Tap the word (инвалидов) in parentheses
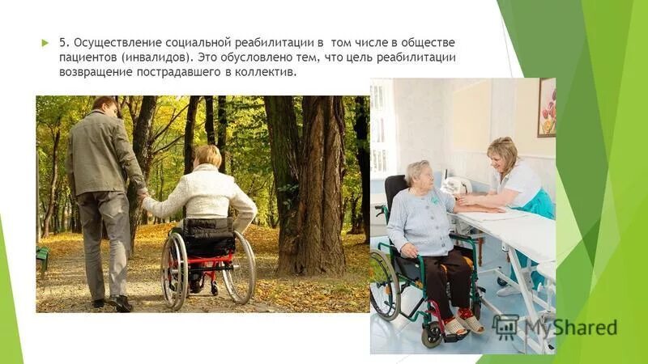tap(158, 57)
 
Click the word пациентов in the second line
tap(87, 57)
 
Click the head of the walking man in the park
tap(104, 105)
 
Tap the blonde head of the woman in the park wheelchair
tap(207, 155)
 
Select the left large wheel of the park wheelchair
tap(174, 271)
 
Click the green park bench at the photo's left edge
tap(42, 257)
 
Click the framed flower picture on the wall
tap(546, 107)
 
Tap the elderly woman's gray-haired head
tap(418, 173)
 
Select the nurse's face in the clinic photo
tap(504, 156)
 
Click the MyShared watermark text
tap(568, 328)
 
